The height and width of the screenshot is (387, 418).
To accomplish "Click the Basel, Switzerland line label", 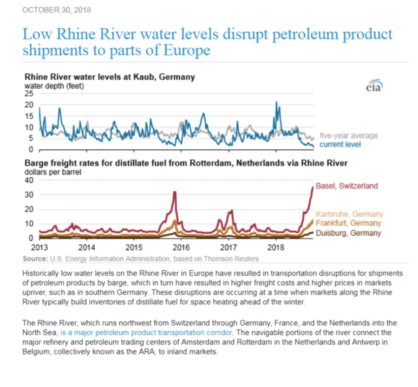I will click(346, 186).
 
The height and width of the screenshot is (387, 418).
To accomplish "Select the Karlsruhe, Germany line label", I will click(349, 214).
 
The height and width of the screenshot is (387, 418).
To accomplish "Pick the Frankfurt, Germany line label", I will click(348, 223).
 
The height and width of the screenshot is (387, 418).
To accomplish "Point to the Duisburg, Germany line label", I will click(348, 233).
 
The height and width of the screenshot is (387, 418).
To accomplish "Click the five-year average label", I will click(349, 135).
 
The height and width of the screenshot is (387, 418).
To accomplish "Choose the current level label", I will click(340, 144).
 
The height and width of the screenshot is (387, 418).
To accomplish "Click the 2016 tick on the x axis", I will click(181, 246).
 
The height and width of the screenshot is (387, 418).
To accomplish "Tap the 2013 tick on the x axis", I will click(39, 246).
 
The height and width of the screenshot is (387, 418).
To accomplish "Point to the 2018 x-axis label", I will click(276, 246).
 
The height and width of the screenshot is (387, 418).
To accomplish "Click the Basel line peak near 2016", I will click(175, 192).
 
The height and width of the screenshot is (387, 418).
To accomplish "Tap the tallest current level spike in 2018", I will click(276, 102).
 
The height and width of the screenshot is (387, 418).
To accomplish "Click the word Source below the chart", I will click(34, 258).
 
